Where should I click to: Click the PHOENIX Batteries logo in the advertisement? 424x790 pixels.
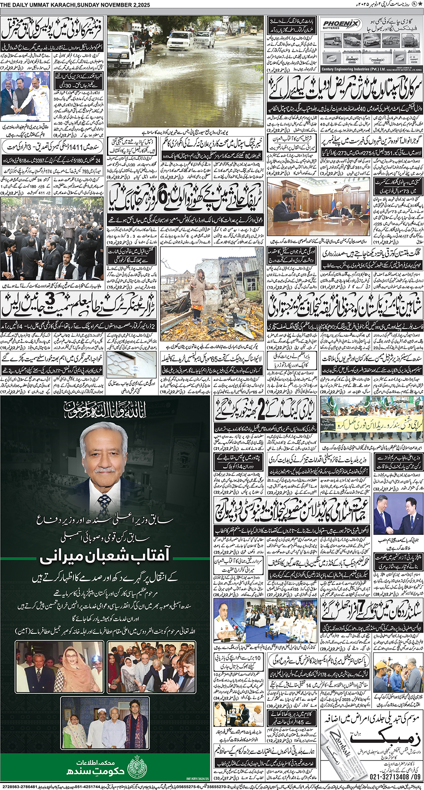click(341, 25)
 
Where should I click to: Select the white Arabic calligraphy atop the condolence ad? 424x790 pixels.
click(105, 410)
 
